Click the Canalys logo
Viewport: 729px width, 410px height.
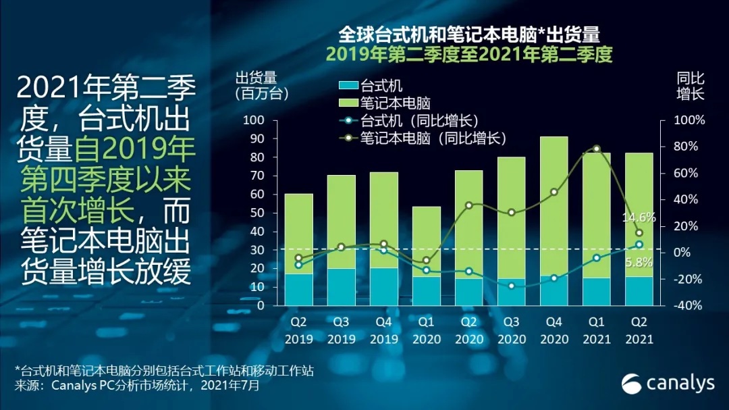coord(668,382)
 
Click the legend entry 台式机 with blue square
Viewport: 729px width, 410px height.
coord(371,86)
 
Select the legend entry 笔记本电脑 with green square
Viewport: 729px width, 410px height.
coord(385,103)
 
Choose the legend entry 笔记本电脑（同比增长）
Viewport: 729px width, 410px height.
coord(423,138)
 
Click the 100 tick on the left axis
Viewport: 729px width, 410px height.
coord(254,120)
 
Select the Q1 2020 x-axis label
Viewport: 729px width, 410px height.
coord(426,330)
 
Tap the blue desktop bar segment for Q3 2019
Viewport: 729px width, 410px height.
coord(342,287)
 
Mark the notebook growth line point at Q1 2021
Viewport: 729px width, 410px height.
coord(596,148)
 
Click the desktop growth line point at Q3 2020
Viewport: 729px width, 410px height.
coord(511,286)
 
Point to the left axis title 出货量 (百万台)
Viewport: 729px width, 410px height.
coord(256,86)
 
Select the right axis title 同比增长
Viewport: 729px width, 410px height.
coord(691,86)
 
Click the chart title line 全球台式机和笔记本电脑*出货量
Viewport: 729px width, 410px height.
coord(469,34)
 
